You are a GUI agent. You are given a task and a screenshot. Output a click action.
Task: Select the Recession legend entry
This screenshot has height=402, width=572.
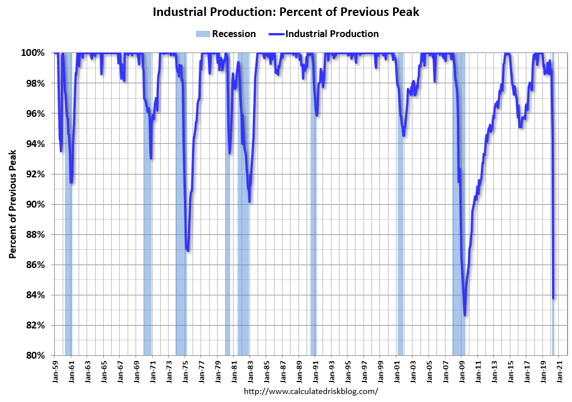point(226,34)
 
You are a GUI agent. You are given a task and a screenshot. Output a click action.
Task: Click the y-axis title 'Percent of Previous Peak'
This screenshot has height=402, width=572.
point(13,204)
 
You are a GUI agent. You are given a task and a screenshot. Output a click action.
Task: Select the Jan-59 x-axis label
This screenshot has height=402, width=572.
point(56,371)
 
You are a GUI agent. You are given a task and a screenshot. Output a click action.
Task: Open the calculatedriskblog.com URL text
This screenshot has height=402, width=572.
point(310,391)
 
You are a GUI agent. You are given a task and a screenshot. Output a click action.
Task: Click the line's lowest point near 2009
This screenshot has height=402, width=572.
point(465,315)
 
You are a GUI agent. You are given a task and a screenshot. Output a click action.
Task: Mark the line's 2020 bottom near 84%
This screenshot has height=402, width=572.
point(554,298)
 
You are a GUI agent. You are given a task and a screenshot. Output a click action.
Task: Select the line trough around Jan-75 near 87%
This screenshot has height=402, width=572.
point(187,250)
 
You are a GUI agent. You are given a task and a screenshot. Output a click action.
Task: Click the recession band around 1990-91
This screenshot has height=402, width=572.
point(313,228)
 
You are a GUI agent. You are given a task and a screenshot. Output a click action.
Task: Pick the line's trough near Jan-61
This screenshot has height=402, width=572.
point(71,182)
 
